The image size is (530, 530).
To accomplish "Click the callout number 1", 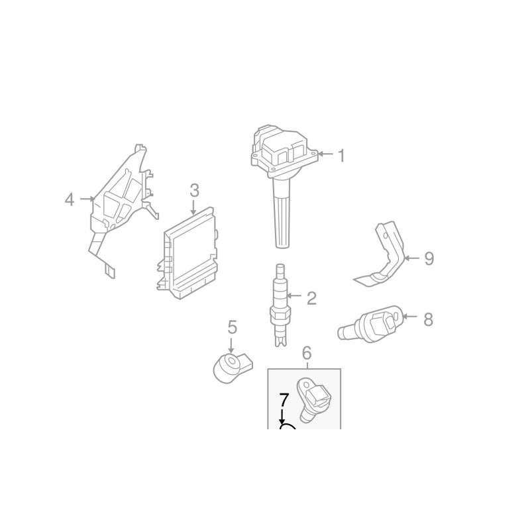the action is pos(342,156).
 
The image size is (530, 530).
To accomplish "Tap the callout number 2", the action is pos(311,298).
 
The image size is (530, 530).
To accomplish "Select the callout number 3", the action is pos(194,191).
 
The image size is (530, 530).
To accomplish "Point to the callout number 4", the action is pos(70,199).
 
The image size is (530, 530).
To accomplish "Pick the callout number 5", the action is pos(233,327).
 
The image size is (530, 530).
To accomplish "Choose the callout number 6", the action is pos(306,353).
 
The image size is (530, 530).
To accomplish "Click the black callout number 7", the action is pos(284,399).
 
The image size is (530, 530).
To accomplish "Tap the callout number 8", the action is pos(428,319).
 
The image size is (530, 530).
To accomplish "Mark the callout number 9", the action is pos(429,258).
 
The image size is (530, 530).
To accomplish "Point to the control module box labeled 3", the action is pos(187,254).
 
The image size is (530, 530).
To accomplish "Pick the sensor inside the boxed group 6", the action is pos(312,399).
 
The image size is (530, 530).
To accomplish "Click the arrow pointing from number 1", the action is pos(325,154).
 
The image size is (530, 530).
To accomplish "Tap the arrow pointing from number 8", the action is pos(410,317).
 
